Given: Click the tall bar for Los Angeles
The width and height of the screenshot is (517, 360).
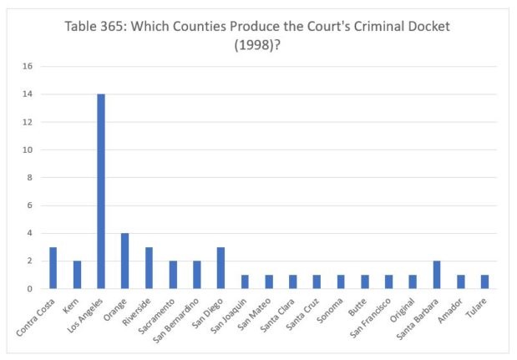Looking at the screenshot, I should point(101,191).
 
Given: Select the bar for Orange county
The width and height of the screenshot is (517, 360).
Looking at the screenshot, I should point(124,261).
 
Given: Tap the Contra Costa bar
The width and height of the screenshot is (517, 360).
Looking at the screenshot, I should point(53,267).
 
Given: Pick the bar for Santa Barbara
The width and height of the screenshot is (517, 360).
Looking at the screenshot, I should point(435,275).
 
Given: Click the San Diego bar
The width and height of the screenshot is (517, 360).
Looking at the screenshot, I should point(220,267).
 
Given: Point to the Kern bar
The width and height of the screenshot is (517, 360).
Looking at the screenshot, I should point(77,275).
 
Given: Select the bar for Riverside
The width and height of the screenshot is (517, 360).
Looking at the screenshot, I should point(149,267).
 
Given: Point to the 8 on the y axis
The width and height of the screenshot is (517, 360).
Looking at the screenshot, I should point(30,178).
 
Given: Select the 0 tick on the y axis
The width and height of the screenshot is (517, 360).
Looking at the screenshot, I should point(30,289).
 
